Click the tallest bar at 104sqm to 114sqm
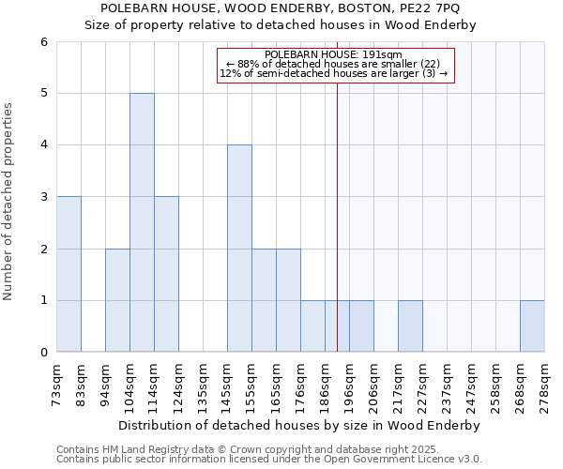142,222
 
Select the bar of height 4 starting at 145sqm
239,249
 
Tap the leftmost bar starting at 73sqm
68,274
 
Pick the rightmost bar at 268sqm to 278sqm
532,326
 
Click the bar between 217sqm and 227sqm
410,326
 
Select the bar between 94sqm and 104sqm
117,300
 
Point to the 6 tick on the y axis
43,42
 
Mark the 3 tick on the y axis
43,197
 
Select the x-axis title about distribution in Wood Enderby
300,425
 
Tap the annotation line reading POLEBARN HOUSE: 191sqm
334,54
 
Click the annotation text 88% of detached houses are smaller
334,64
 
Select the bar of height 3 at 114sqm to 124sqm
166,274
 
